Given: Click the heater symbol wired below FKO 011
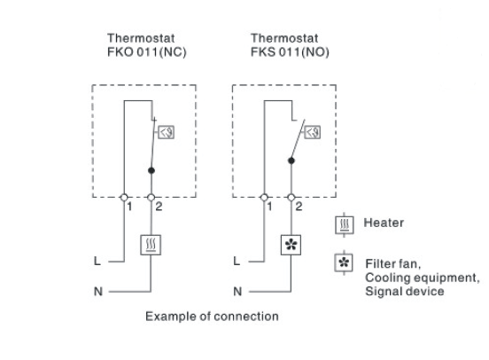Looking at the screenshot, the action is tap(151, 245).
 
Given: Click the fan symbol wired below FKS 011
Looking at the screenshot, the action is tap(291, 245).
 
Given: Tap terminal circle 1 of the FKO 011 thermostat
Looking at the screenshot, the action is tap(124, 198).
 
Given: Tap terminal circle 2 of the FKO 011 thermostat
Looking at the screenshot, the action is tap(151, 198).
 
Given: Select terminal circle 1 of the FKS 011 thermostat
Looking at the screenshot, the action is tap(264, 198).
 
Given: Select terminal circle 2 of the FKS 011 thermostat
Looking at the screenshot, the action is tap(291, 198).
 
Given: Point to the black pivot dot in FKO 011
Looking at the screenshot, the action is tap(151, 170).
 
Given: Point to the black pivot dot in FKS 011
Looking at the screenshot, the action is tap(291, 160).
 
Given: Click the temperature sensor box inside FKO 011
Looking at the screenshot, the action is tap(167, 132).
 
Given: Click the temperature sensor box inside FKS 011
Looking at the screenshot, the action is tap(312, 132).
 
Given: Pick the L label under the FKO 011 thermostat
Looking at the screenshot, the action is tap(97, 261).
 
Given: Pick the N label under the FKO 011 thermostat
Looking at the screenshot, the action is tap(98, 292).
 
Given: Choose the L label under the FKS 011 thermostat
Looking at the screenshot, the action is tap(237, 261).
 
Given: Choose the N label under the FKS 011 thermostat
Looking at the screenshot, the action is tap(237, 292).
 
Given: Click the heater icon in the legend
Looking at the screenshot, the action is tap(345, 225).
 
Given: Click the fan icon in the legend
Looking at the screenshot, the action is tap(344, 262).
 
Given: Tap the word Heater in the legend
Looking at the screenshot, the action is tap(384, 223).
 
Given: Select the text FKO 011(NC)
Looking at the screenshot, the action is tap(146, 51).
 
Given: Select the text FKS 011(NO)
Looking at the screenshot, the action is tap(290, 51).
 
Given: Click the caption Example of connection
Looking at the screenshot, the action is tap(212, 317).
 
